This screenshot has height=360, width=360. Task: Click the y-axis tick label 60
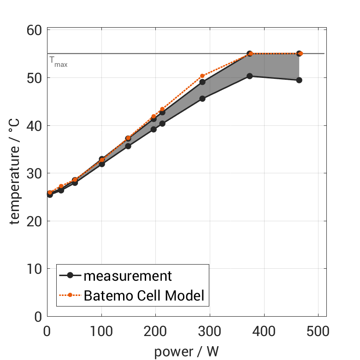(34, 30)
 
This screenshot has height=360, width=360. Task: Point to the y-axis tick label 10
(34, 269)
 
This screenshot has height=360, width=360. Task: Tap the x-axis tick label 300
(210, 331)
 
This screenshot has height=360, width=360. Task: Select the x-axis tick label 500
(318, 331)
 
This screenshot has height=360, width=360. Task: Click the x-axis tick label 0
(47, 331)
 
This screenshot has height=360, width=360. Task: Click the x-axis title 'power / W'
(186, 351)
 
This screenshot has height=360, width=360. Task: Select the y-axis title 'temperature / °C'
(16, 171)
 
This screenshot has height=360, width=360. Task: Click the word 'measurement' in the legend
(128, 276)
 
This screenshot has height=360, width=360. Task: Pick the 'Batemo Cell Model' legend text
(144, 295)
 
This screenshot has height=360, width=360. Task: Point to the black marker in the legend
(70, 276)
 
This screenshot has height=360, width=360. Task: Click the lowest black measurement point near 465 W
(299, 80)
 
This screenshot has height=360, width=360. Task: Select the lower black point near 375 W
(250, 76)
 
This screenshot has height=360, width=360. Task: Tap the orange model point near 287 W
(202, 76)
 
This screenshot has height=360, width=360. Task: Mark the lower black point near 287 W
(202, 98)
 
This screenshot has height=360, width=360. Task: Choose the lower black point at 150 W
(128, 146)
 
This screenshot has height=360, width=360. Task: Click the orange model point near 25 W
(61, 187)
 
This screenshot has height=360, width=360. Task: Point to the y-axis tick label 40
(34, 125)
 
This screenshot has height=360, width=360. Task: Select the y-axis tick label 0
(37, 317)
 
